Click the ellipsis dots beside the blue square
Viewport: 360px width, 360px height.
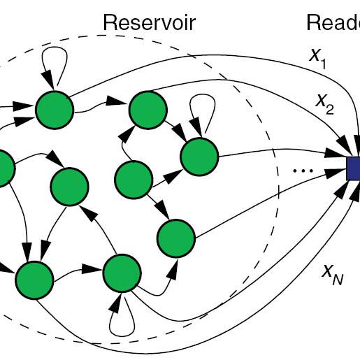[x=303, y=170]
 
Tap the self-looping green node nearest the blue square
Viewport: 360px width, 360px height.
[x=199, y=156]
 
